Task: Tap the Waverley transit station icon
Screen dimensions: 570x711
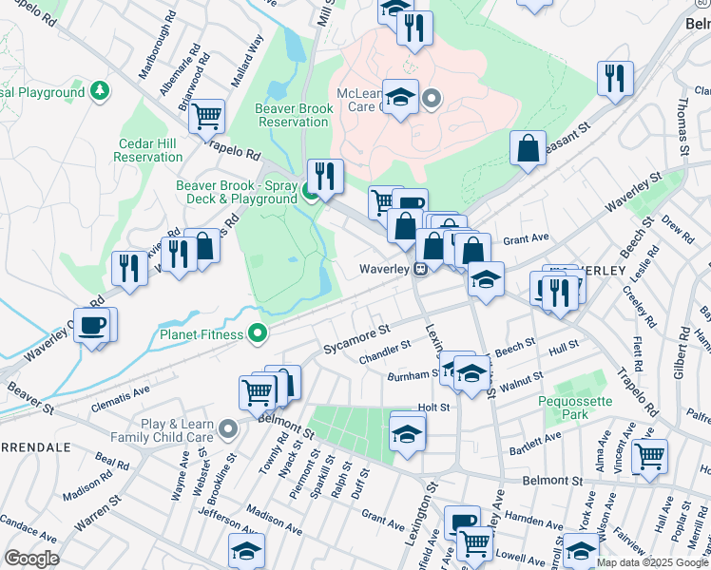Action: pyautogui.click(x=418, y=270)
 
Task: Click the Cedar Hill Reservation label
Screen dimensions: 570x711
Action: pyautogui.click(x=148, y=149)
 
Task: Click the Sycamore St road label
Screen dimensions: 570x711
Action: pyautogui.click(x=356, y=334)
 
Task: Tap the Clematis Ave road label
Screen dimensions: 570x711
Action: pyautogui.click(x=121, y=389)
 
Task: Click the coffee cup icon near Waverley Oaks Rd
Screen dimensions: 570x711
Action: pyautogui.click(x=93, y=325)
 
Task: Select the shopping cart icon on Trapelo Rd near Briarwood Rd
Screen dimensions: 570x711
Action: pyautogui.click(x=206, y=116)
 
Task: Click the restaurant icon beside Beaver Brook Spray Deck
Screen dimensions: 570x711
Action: pyautogui.click(x=325, y=175)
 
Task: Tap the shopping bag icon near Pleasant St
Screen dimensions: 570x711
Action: pyautogui.click(x=528, y=148)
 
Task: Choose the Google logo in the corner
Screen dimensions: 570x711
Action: pyautogui.click(x=31, y=559)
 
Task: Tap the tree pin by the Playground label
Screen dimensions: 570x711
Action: pyautogui.click(x=99, y=92)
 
